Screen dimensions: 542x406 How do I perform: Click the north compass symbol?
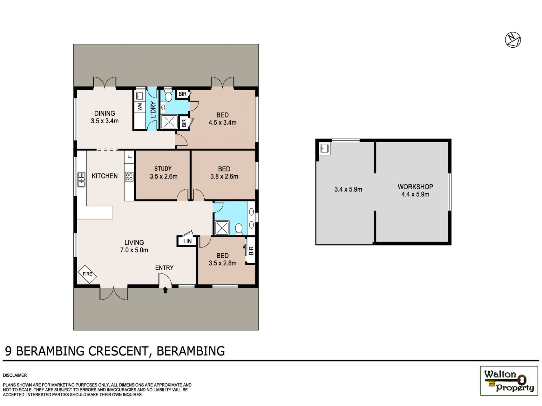(513, 40)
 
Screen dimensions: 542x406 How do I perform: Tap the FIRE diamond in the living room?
(87, 274)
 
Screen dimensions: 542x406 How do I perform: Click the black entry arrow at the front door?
(165, 290)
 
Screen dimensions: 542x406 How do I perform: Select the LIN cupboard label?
(187, 241)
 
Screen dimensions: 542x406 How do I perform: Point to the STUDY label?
(163, 169)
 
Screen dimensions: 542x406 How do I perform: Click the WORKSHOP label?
(415, 187)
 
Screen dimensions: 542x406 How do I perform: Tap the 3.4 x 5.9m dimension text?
(348, 189)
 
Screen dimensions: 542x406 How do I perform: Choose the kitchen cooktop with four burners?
(129, 177)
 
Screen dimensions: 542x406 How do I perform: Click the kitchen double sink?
(81, 180)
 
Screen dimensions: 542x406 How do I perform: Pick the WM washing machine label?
(140, 107)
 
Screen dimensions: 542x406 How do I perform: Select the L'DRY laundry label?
(153, 110)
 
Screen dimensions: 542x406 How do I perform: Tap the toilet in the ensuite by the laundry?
(169, 96)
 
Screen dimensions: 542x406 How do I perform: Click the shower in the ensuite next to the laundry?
(169, 122)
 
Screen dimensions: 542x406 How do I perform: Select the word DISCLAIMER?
(15, 375)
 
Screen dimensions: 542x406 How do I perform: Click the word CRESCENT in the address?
(118, 351)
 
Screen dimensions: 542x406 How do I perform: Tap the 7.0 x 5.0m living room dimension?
(134, 250)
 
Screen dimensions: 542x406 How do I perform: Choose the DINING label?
(104, 113)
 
